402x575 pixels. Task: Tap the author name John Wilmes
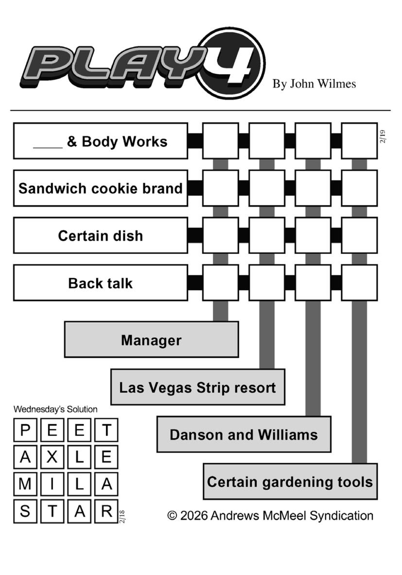[x=314, y=84]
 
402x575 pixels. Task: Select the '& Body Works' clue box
[x=100, y=141]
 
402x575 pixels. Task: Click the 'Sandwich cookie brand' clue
[x=100, y=188]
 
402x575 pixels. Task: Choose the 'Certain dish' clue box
[x=100, y=235]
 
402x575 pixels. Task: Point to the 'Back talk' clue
[x=100, y=283]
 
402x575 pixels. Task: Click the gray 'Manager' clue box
[x=151, y=340]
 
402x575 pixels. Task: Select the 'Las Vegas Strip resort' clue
[x=197, y=387]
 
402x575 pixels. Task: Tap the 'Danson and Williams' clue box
[x=244, y=434]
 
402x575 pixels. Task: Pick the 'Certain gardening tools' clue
[x=290, y=482]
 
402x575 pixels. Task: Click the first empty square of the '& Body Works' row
[x=220, y=141]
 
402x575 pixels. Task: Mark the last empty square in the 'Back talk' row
[x=359, y=283]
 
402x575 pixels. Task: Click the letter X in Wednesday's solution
[x=52, y=457]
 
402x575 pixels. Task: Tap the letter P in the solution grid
[x=25, y=430]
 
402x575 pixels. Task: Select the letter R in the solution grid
[x=106, y=511]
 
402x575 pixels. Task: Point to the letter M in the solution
[x=25, y=484]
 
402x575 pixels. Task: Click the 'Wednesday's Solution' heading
[x=55, y=410]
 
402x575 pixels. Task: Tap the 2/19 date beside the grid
[x=383, y=136]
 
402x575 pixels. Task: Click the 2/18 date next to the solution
[x=122, y=516]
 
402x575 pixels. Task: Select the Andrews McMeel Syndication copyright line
[x=270, y=516]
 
